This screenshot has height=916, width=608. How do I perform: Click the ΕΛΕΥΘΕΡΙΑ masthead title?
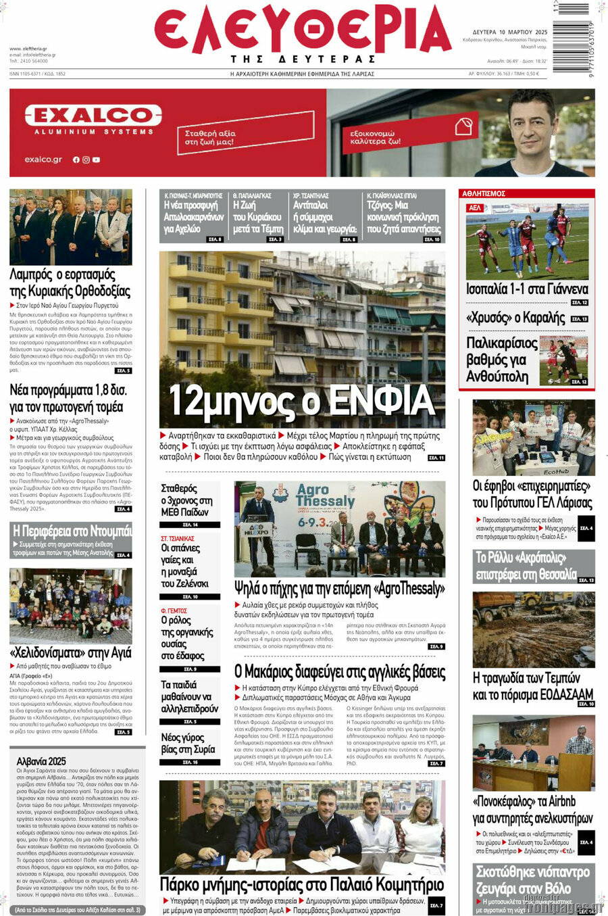coord(302,30)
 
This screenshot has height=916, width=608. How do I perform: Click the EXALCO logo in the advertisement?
coord(93,115)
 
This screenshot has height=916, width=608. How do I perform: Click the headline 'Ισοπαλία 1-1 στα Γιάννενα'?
coord(527,289)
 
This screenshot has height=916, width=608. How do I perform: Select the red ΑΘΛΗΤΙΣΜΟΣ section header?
coord(484,194)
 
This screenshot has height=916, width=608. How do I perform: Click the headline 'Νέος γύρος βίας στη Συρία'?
coord(188,743)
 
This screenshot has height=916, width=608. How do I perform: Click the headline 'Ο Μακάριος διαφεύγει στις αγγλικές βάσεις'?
coord(340,672)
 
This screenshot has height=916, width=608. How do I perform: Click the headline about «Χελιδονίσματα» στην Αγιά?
coord(70,653)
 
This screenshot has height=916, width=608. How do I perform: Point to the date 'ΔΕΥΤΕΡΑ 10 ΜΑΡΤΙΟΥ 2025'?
coord(509,32)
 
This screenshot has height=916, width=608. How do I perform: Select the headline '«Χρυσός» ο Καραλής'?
coord(515,318)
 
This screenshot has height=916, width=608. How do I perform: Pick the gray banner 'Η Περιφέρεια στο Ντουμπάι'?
coord(72,531)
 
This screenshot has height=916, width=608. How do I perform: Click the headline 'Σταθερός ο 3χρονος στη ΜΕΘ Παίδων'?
coord(187,500)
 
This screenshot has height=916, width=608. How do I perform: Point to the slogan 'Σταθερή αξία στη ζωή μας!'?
coord(210,138)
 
